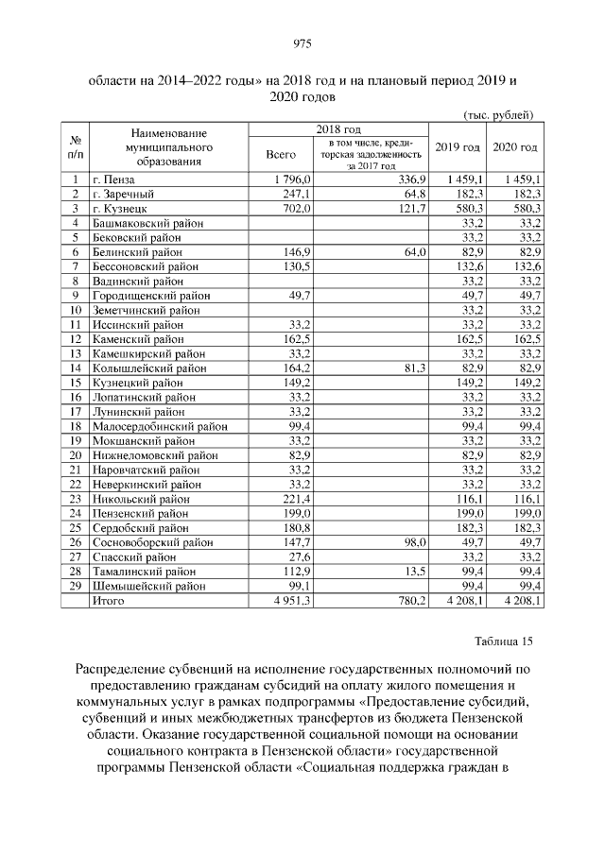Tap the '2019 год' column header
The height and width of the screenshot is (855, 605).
(458, 147)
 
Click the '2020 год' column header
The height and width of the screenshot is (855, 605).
(515, 147)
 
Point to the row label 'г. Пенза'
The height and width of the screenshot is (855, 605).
(113, 180)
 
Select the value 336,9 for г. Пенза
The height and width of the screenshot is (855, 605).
(413, 180)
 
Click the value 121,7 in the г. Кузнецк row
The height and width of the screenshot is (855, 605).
(413, 208)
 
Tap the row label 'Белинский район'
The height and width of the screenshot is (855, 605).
(136, 253)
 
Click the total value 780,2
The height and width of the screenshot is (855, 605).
(413, 600)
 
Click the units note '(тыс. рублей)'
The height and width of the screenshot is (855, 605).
(498, 114)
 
